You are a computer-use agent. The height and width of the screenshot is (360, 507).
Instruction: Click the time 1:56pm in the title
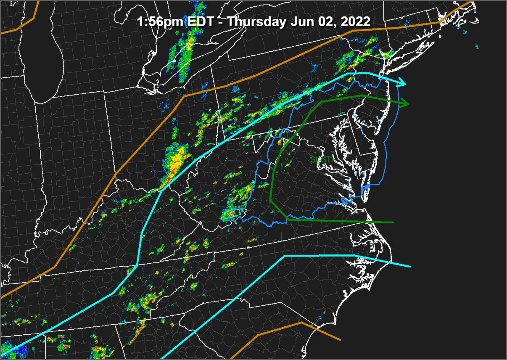159,22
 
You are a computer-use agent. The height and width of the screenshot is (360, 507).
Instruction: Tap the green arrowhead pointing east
404,103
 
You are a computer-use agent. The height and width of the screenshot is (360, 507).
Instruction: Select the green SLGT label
320,160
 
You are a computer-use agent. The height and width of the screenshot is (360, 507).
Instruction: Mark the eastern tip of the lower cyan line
409,266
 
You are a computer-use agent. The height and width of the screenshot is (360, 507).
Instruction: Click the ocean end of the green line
393,222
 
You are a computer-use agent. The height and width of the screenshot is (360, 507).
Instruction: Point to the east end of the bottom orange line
340,339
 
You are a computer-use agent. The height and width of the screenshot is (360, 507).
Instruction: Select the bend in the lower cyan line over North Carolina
285,256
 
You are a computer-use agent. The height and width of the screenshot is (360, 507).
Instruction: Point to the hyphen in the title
221,22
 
